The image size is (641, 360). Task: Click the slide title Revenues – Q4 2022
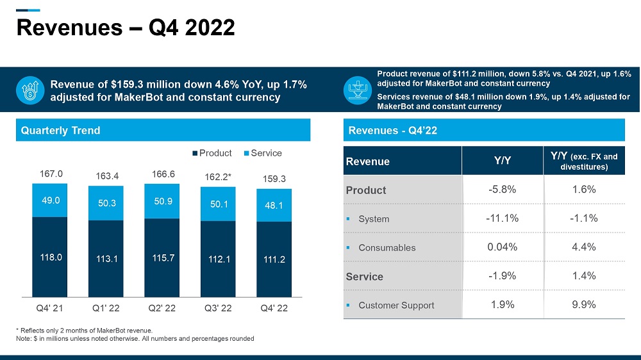coord(125,28)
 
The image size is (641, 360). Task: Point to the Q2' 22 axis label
coord(162,309)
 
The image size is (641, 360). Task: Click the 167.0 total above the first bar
coord(51,173)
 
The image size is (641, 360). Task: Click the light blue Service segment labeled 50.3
coord(106,203)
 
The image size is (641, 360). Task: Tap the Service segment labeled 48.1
coord(274,206)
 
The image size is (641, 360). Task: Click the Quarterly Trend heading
coord(61,131)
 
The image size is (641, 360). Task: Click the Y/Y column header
coord(502,161)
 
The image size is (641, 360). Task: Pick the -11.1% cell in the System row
coord(502,218)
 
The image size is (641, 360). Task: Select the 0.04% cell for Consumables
coord(502,247)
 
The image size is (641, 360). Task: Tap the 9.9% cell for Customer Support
coord(583,305)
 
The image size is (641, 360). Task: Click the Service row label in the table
coord(365,277)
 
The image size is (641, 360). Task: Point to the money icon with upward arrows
coord(29,90)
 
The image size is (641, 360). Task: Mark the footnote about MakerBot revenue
coord(84,330)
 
